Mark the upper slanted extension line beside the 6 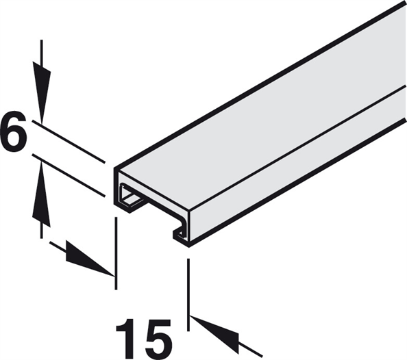coord(69,142)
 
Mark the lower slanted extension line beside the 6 coord(69,175)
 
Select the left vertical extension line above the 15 coord(116,253)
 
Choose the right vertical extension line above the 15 coord(188,295)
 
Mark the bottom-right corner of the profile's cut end coord(189,246)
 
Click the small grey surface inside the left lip coord(132,199)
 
